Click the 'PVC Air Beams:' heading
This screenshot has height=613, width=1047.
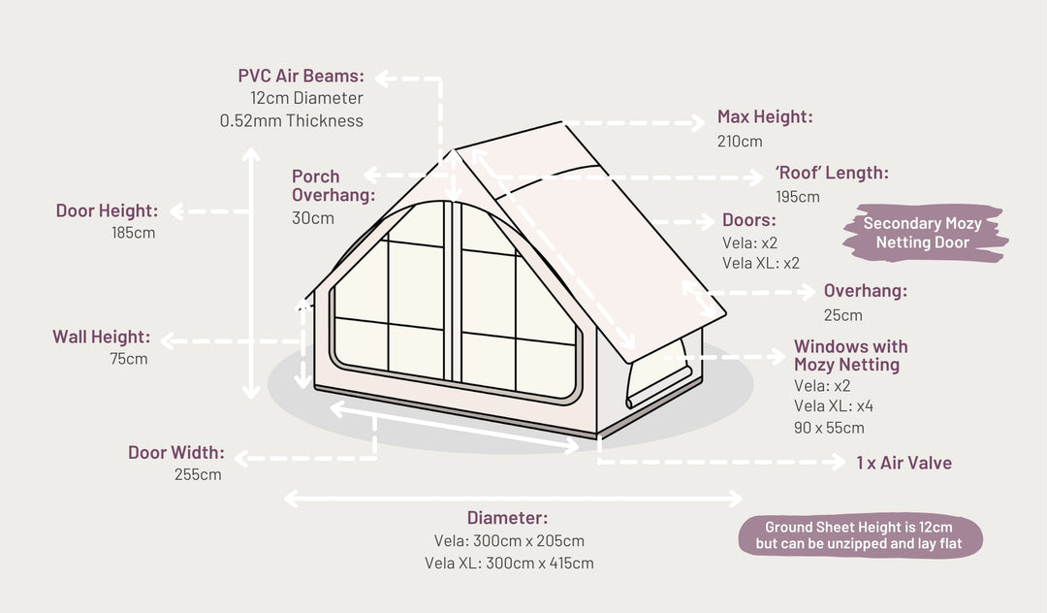(301, 76)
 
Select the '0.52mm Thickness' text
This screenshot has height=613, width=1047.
(291, 121)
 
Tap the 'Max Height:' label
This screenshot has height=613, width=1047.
(765, 117)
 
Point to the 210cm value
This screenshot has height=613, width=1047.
(740, 142)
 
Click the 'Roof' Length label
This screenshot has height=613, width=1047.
(831, 174)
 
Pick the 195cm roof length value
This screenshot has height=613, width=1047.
(797, 197)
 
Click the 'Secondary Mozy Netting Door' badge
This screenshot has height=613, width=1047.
(922, 233)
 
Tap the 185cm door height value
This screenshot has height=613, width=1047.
(135, 233)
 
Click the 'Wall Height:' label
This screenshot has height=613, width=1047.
(101, 337)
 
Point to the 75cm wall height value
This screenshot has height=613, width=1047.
(129, 359)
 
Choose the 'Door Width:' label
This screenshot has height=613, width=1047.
(175, 452)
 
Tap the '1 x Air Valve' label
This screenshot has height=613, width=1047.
(904, 463)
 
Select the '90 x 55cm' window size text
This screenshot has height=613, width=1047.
(829, 428)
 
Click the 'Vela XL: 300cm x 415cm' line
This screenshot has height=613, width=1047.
(509, 563)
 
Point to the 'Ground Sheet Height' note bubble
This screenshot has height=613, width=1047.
(858, 535)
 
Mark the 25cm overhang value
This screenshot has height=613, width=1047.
(842, 315)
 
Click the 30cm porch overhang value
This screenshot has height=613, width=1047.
(313, 218)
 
